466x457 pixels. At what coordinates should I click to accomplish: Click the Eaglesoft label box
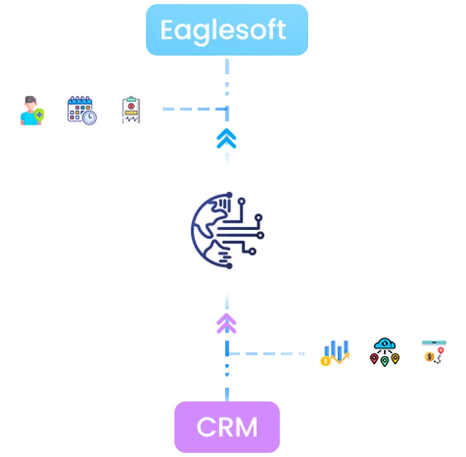point(226,31)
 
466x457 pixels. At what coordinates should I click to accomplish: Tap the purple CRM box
point(226,427)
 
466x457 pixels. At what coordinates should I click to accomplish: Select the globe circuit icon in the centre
point(227,230)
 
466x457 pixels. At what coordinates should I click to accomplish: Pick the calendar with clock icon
point(82,110)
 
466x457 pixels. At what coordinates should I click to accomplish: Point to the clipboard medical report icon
point(131,110)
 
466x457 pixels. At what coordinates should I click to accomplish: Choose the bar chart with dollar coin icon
point(334,352)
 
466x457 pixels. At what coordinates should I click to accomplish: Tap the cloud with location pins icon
point(384,351)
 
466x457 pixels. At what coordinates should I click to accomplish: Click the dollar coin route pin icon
point(433,351)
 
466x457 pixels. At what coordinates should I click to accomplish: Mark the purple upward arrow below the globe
point(226,324)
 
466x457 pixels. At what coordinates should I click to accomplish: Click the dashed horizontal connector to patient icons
point(193,110)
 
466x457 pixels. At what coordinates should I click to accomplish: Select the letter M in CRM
point(245,427)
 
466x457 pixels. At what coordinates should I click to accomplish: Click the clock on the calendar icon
point(89,117)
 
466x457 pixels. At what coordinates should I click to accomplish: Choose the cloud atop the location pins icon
point(384,344)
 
